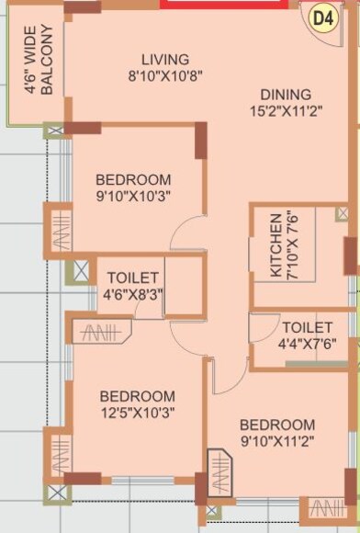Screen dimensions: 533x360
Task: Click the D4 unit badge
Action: [321, 17]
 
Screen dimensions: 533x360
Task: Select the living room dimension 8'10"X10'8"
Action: [165, 77]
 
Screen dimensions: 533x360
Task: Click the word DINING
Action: [286, 94]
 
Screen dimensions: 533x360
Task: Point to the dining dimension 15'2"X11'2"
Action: [286, 111]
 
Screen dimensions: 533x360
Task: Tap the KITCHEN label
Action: [275, 246]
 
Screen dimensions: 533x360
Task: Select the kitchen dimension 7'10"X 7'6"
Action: [292, 246]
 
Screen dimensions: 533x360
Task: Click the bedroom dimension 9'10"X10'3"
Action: [133, 196]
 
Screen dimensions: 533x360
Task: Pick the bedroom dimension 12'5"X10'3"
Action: [138, 413]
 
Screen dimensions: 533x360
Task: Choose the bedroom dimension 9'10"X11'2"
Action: [276, 442]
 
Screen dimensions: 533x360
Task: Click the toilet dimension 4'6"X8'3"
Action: [133, 295]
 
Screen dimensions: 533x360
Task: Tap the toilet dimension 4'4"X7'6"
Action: [307, 345]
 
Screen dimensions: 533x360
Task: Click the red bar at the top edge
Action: [221, 4]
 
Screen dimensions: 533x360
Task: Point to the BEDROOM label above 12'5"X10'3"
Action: [138, 395]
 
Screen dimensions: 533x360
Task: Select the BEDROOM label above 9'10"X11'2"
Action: [276, 425]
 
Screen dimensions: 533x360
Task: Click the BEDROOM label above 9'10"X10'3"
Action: [133, 178]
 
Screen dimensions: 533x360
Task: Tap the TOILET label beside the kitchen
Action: [307, 327]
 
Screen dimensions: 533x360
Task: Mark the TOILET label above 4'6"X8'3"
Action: [133, 278]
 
